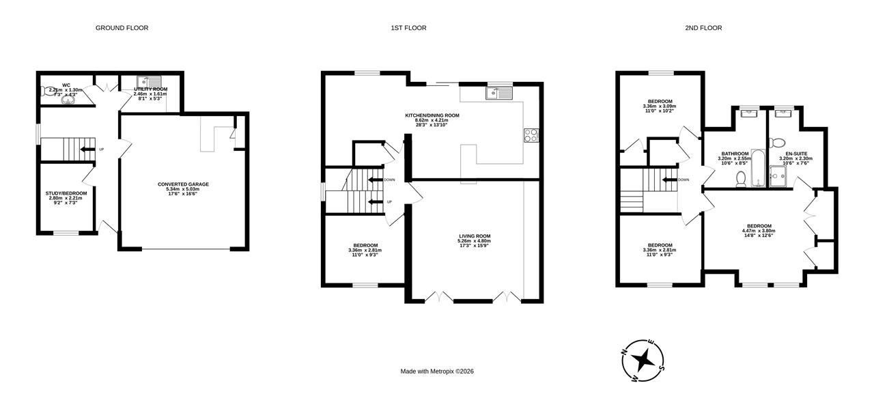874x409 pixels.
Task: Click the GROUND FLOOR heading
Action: tap(122, 28)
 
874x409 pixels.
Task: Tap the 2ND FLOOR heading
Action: tap(703, 28)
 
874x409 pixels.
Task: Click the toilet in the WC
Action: tap(48, 91)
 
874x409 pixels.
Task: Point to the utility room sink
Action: tap(149, 83)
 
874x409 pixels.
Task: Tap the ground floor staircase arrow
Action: tap(87, 149)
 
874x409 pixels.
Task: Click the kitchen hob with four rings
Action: tap(531, 135)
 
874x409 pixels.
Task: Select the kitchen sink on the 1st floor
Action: tap(498, 93)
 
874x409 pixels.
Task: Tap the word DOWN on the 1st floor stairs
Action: tap(389, 180)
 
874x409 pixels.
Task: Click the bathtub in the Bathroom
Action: tap(758, 168)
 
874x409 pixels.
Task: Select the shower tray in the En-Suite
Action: tap(778, 177)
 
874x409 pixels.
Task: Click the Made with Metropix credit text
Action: tap(437, 371)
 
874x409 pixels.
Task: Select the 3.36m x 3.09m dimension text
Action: tap(660, 106)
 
